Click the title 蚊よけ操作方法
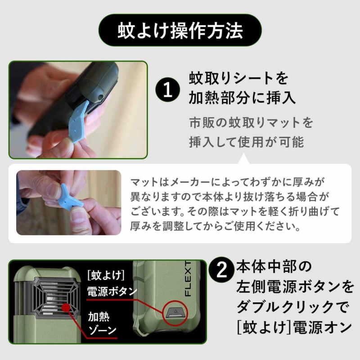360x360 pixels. pos(180,30)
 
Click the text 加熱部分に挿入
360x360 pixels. pos(243,98)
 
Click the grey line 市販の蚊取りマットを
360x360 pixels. pos(250,122)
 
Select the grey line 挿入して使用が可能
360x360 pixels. pos(246,142)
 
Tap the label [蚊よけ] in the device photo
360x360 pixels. pos(106,274)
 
